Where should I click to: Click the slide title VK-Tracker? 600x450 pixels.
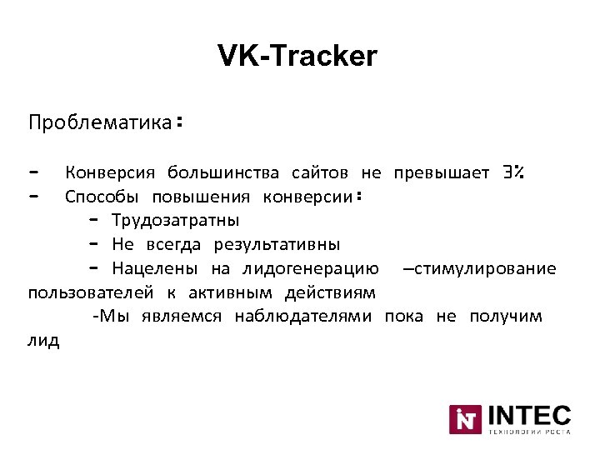click(297, 57)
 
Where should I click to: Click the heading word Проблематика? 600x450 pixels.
click(99, 123)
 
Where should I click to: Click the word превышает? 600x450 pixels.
click(442, 173)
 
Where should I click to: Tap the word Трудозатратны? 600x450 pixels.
click(175, 221)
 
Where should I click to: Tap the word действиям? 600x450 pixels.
click(330, 293)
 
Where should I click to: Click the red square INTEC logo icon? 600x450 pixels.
click(466, 419)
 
